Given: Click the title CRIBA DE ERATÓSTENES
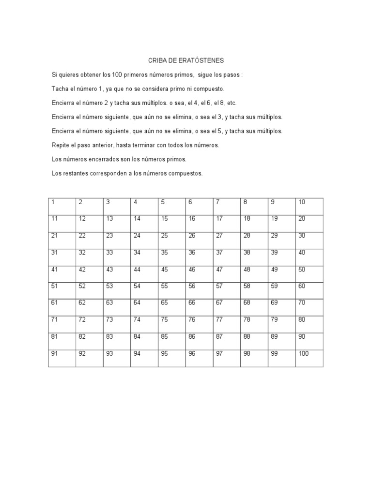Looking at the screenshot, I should click(x=186, y=61).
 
